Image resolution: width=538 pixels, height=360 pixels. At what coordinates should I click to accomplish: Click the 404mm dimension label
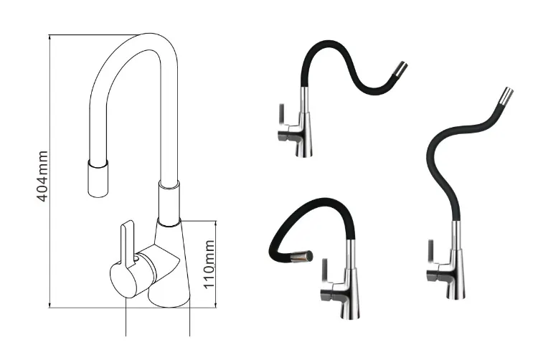[42, 176]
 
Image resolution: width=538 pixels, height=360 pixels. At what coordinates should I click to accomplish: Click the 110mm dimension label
[208, 265]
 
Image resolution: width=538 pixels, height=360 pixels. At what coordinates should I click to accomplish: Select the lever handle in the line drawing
[128, 240]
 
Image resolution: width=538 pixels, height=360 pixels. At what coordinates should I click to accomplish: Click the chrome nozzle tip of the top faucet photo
[400, 69]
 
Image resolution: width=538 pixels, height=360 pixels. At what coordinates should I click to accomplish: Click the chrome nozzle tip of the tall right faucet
[506, 95]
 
